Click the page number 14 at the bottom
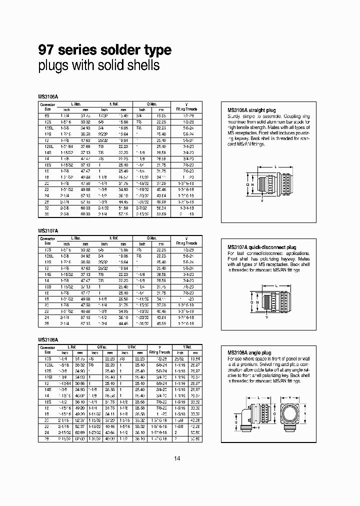[x=177, y=458]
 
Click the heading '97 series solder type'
[x=105, y=50]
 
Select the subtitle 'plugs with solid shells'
[x=99, y=65]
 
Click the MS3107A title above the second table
[x=48, y=230]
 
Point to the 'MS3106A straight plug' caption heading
[x=251, y=110]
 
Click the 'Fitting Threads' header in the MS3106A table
[x=187, y=108]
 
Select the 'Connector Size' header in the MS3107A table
[x=47, y=240]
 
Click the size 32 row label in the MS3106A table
[x=47, y=207]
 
